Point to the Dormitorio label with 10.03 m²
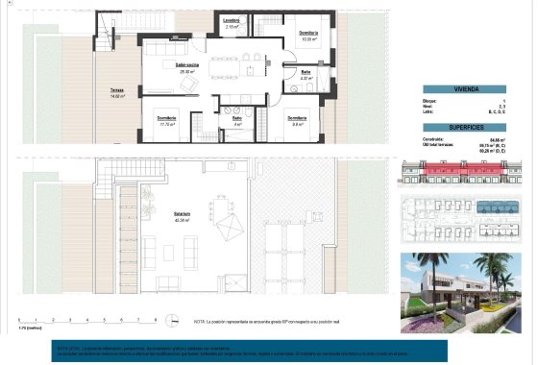coord(308,36)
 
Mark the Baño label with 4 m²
coord(237,122)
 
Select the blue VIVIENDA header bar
coord(465,87)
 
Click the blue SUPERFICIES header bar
coord(465,127)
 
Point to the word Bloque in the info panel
coord(431,99)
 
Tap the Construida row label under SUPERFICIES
coord(435,138)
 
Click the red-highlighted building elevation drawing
coord(465,173)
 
